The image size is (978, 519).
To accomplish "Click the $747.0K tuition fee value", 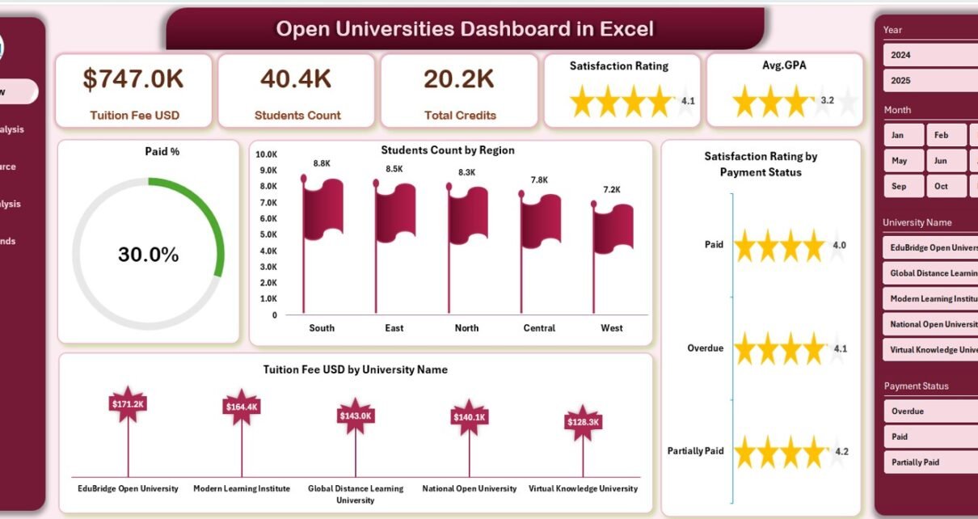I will (133, 78).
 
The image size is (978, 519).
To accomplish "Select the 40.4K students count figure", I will (296, 78).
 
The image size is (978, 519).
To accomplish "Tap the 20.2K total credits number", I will (458, 78).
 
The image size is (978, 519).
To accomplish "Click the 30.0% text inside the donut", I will (148, 255).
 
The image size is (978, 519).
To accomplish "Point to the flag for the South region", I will (323, 210).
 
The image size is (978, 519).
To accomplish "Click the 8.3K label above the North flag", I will (466, 172).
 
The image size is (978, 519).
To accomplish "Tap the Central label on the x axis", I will (539, 328).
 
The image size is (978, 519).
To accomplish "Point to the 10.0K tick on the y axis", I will (267, 154).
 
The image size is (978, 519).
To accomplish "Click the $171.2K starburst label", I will (128, 403).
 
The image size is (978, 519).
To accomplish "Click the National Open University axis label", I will (469, 488).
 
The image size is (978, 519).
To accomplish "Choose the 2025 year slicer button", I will (930, 81).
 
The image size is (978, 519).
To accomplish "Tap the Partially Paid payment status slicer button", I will (930, 462).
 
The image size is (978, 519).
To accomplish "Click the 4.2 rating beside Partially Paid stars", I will (841, 452).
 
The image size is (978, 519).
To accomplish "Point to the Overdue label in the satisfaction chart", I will (705, 348).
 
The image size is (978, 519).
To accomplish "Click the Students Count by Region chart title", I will (447, 150).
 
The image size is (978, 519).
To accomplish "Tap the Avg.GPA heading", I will (783, 65).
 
